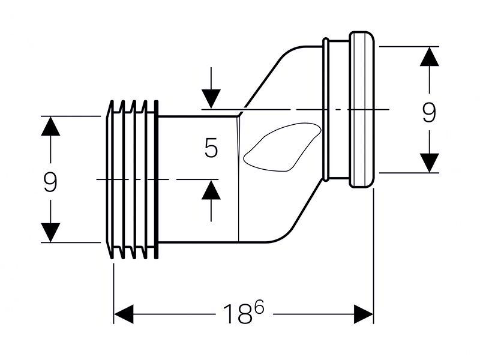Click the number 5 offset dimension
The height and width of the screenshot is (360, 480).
pyautogui.click(x=211, y=148)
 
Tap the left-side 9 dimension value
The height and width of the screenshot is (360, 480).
pyautogui.click(x=50, y=182)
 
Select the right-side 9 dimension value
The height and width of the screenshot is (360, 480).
pyautogui.click(x=429, y=112)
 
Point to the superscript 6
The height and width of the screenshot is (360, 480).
pyautogui.click(x=259, y=307)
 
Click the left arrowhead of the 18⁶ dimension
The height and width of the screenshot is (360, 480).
pyautogui.click(x=124, y=314)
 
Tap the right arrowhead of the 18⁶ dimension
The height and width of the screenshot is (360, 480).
pyautogui.click(x=364, y=314)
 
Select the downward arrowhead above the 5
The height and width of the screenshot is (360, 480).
pyautogui.click(x=211, y=98)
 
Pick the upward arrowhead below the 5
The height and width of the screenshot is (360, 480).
pyautogui.click(x=211, y=190)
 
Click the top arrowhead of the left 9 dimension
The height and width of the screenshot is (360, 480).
pyautogui.click(x=50, y=126)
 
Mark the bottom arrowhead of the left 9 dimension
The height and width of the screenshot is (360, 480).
pyautogui.click(x=50, y=233)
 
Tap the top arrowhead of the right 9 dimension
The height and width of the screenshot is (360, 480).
pyautogui.click(x=429, y=56)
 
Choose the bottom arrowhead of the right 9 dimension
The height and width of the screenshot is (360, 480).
pyautogui.click(x=429, y=163)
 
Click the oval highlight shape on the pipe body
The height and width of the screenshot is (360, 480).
pyautogui.click(x=282, y=147)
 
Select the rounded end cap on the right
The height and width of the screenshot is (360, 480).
pyautogui.click(x=362, y=109)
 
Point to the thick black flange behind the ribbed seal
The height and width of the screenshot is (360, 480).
pyautogui.click(x=157, y=179)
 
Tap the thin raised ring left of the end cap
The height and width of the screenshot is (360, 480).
pyautogui.click(x=326, y=109)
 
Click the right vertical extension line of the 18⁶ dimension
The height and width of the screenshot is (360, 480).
pyautogui.click(x=374, y=256)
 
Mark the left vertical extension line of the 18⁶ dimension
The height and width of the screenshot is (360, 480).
pyautogui.click(x=114, y=293)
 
